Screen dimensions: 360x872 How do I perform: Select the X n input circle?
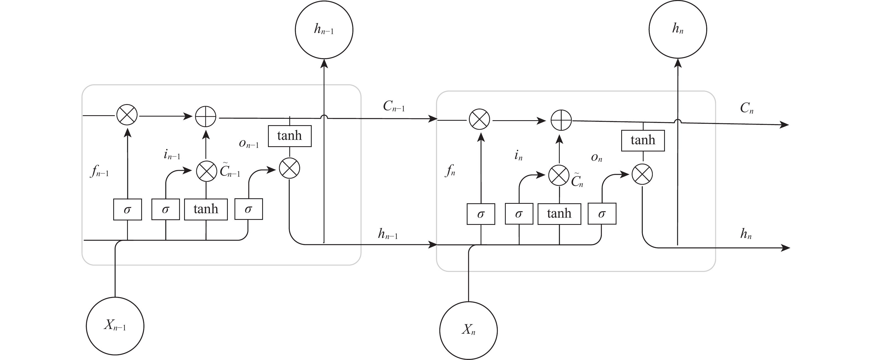coord(468,330)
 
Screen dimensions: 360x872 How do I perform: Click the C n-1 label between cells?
coord(394,107)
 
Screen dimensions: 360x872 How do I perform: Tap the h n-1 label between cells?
coord(388,234)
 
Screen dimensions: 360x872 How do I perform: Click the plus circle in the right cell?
coord(561,120)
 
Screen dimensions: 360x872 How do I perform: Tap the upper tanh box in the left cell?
coord(290,136)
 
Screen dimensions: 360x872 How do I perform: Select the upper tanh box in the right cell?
coord(643,140)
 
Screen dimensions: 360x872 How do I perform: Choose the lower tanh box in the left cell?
coord(206,209)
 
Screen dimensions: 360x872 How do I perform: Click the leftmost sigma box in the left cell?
coord(127,210)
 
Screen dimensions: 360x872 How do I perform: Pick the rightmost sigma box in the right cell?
coord(602,214)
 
